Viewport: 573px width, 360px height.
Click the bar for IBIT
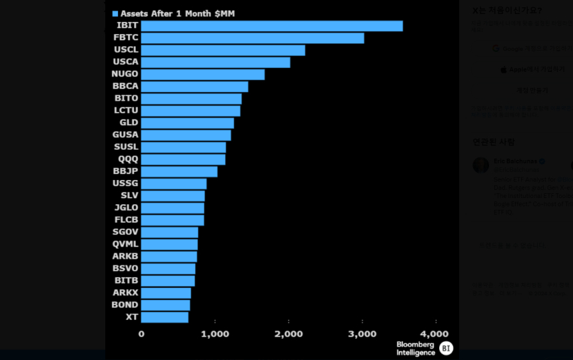[x=272, y=26]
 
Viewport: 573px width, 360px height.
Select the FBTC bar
[x=253, y=38]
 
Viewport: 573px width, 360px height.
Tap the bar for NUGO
[x=203, y=75]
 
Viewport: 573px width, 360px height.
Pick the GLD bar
[x=187, y=123]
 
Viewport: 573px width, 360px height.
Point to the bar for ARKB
[x=169, y=257]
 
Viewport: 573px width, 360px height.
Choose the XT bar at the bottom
[x=165, y=317]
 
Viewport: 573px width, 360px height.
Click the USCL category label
[x=126, y=50]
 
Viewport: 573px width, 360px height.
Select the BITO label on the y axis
[x=127, y=99]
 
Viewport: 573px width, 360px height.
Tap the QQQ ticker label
[x=129, y=159]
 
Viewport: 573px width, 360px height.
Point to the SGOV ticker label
[x=126, y=232]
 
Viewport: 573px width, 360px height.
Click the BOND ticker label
[x=125, y=305]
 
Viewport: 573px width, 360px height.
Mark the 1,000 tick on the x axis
[x=215, y=334]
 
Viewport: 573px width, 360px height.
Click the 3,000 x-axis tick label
[x=362, y=334]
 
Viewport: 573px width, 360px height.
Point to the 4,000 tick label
[x=434, y=334]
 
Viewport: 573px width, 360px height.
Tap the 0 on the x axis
[x=141, y=334]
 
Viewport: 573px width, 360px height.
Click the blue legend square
[x=115, y=13]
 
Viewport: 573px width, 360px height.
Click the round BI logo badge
[x=446, y=348]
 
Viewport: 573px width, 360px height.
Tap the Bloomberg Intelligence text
[x=415, y=348]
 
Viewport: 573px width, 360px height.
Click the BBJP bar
[x=179, y=172]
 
